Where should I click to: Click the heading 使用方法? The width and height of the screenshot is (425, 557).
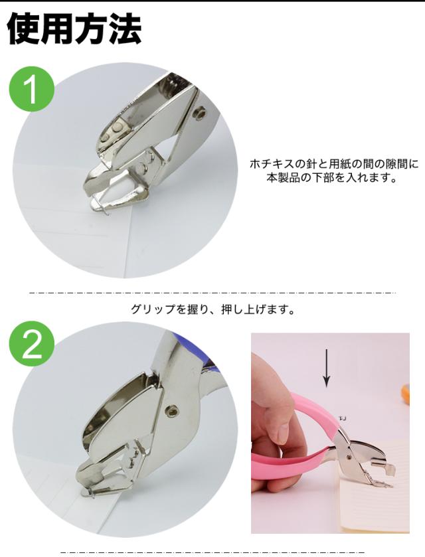tap(74, 29)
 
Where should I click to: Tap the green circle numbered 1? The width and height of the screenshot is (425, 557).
tap(32, 89)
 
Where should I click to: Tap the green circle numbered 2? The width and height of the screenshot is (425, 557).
tap(32, 343)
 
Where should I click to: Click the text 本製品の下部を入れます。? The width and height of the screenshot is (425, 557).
tap(332, 177)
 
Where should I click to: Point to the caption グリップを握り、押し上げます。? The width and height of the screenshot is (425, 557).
tap(213, 309)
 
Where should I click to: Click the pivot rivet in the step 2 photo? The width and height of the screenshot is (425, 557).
tap(173, 411)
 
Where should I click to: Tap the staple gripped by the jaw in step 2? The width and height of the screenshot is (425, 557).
tap(88, 493)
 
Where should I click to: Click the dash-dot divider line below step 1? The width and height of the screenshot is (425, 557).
tap(212, 293)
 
